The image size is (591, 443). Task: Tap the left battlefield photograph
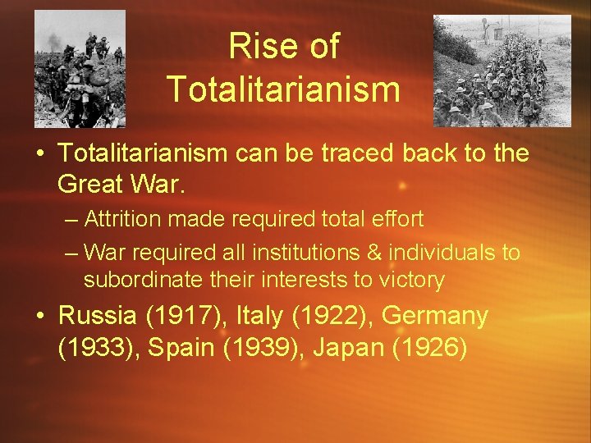click(x=80, y=69)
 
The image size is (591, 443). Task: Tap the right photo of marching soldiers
click(x=502, y=71)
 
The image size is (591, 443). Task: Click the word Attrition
click(x=117, y=219)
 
